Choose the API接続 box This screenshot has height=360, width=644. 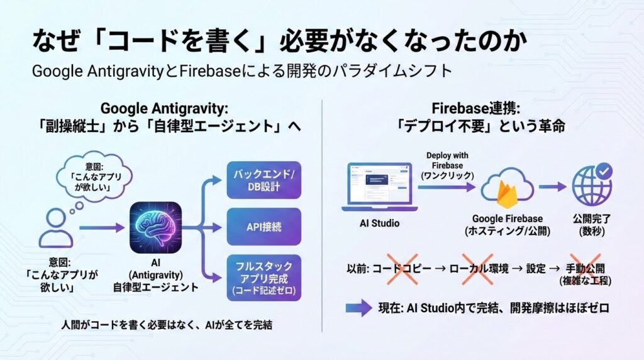264,227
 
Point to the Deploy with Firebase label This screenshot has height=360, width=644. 447,165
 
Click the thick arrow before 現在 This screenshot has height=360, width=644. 358,308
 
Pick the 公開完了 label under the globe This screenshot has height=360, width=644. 592,224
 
